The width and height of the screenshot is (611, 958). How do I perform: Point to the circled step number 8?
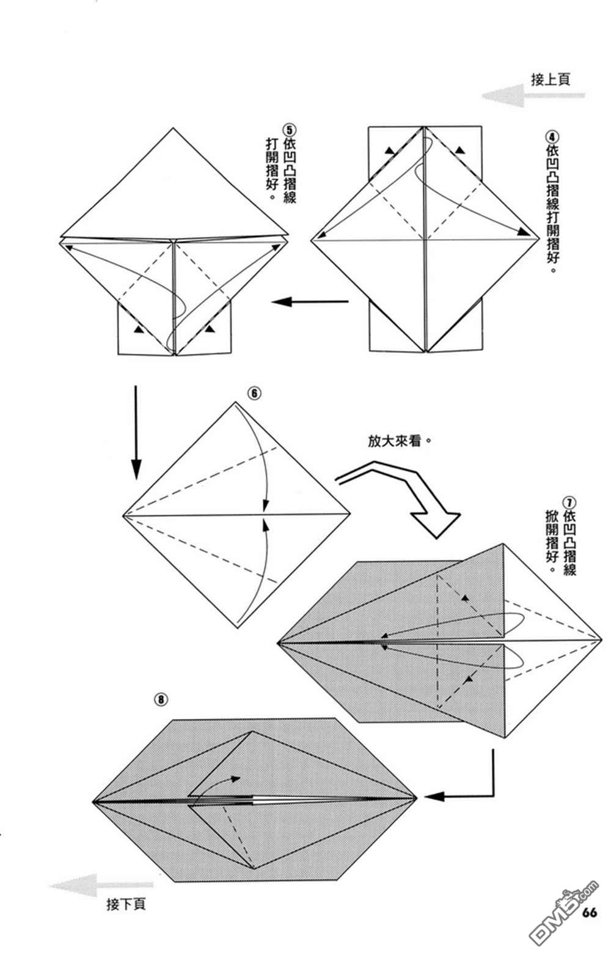pyautogui.click(x=161, y=699)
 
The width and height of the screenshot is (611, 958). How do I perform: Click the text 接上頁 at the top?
pyautogui.click(x=550, y=79)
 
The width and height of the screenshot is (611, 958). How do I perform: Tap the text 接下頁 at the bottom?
pyautogui.click(x=126, y=904)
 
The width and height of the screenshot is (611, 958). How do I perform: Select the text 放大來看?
pyautogui.click(x=395, y=440)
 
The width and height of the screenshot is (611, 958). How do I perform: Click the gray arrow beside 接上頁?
pyautogui.click(x=532, y=96)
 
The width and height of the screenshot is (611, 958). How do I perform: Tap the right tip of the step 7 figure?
pyautogui.click(x=602, y=639)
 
